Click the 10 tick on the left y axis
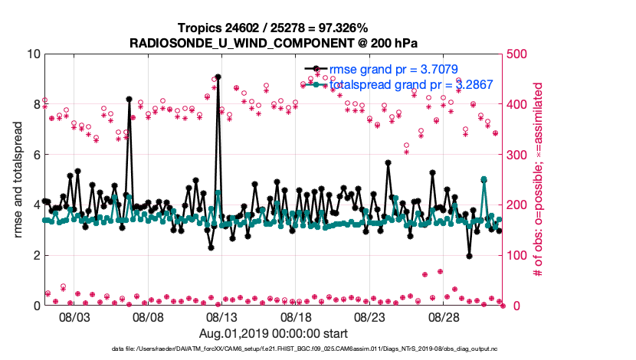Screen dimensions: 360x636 coord(32,54)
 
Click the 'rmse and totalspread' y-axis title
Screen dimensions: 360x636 coord(18,180)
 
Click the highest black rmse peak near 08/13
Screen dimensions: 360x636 coord(218,77)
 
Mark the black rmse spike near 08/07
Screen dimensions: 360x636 coord(129,99)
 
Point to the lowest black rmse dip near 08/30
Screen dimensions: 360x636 coord(469,256)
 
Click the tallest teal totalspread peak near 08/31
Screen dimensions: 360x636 coord(484,179)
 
